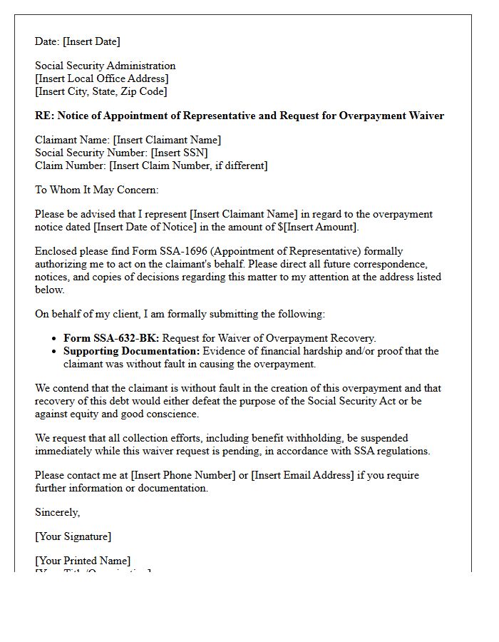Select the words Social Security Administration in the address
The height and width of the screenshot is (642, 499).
point(106,66)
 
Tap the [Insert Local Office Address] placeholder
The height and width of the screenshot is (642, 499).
point(102,78)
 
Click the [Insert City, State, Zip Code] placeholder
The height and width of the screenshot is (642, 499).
point(101,91)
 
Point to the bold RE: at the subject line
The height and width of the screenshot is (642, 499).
point(44,116)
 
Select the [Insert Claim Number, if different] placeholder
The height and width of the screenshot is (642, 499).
point(188,165)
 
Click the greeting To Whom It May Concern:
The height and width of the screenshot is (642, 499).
point(97,190)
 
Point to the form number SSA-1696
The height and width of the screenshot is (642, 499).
point(193,251)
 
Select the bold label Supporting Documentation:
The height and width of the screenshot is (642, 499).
point(132,351)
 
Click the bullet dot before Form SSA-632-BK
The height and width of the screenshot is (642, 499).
point(56,339)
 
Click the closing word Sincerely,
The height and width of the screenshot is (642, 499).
point(58,512)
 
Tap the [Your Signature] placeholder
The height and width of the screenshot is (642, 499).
point(73,536)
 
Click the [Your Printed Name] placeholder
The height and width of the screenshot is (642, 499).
point(83,561)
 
